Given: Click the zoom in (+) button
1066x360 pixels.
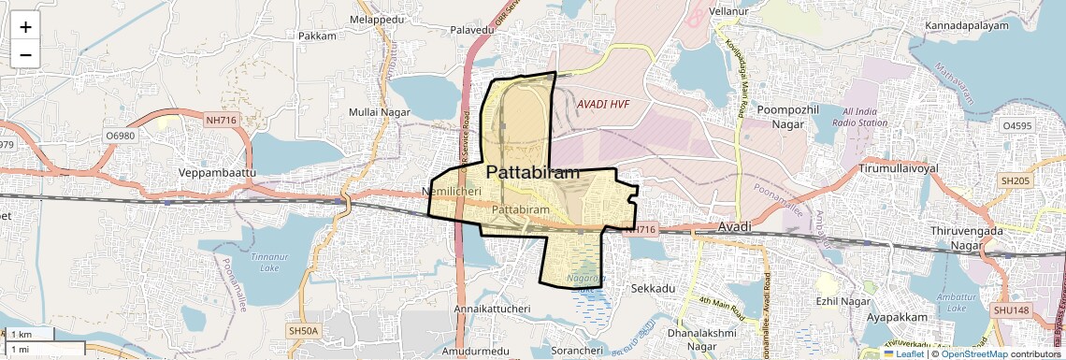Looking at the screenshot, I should pyautogui.click(x=25, y=27).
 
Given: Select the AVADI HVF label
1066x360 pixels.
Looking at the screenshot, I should pyautogui.click(x=603, y=104).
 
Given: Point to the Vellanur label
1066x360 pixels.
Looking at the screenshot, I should pyautogui.click(x=729, y=10).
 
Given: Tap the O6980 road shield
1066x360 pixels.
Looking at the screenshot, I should pyautogui.click(x=121, y=137).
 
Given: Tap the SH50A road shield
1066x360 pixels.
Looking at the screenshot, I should pyautogui.click(x=303, y=331).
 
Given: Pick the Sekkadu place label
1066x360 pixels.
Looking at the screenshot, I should pyautogui.click(x=653, y=289).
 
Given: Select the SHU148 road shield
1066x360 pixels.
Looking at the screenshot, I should pyautogui.click(x=1011, y=310).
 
